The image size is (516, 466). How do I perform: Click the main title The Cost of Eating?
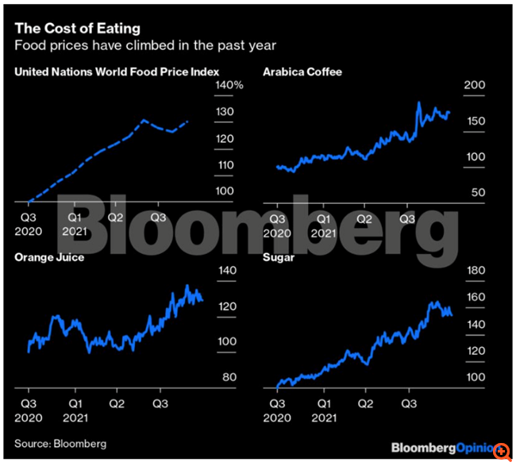pyautogui.click(x=67, y=29)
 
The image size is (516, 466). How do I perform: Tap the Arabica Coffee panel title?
pyautogui.click(x=302, y=72)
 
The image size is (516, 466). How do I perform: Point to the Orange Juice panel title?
pyautogui.click(x=49, y=257)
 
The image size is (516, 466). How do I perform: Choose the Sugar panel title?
pyautogui.click(x=279, y=257)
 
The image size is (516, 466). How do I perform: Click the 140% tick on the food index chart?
pyautogui.click(x=229, y=85)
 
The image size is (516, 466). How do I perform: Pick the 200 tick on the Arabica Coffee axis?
pyautogui.click(x=473, y=86)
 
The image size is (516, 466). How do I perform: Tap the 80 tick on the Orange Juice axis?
pyautogui.click(x=228, y=376)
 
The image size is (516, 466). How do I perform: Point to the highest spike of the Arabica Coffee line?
pyautogui.click(x=418, y=102)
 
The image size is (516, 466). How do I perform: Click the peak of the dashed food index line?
pyautogui.click(x=144, y=120)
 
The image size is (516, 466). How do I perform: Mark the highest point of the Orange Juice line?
pyautogui.click(x=187, y=286)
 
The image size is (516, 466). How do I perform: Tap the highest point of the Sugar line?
pyautogui.click(x=434, y=302)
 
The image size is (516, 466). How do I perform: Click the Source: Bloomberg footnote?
pyautogui.click(x=60, y=443)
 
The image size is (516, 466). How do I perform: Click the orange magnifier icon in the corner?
pyautogui.click(x=501, y=451)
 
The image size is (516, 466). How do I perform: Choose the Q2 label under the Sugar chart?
pyautogui.click(x=366, y=402)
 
